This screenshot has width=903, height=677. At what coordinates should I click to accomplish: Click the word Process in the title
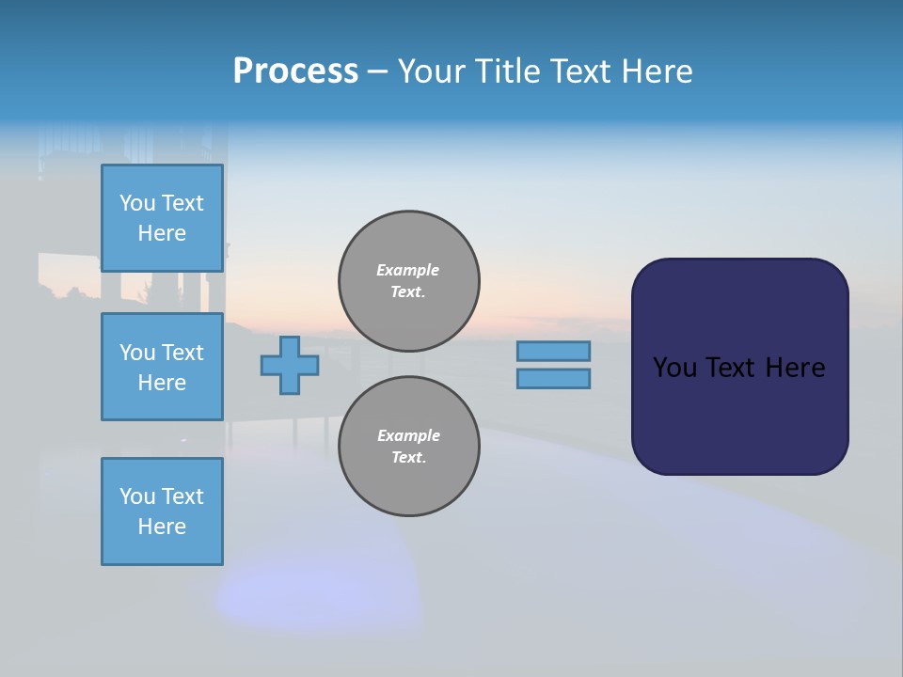[x=295, y=71]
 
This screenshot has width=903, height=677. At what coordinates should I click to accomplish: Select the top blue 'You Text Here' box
[x=162, y=218]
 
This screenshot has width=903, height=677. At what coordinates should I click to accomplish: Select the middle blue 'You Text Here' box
[x=162, y=367]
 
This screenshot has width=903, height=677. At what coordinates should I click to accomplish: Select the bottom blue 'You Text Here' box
[x=162, y=511]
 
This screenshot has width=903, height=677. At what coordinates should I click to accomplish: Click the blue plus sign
[x=289, y=365]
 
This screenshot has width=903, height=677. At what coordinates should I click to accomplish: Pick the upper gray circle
[x=409, y=281]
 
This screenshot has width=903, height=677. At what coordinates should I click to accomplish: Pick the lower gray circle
[x=409, y=447]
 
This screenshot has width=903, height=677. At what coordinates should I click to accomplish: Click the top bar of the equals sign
[x=553, y=351]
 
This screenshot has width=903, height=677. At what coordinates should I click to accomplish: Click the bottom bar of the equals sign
[x=553, y=378]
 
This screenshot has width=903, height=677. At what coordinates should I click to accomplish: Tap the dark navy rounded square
[x=739, y=414]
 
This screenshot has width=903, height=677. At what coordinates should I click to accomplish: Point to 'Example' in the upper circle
[x=407, y=270]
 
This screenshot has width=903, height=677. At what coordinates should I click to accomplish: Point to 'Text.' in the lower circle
[x=407, y=458]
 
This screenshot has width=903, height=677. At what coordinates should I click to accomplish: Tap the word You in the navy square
[x=674, y=368]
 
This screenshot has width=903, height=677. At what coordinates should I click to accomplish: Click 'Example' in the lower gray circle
[x=408, y=435]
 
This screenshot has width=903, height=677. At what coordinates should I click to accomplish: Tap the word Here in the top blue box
[x=162, y=233]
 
